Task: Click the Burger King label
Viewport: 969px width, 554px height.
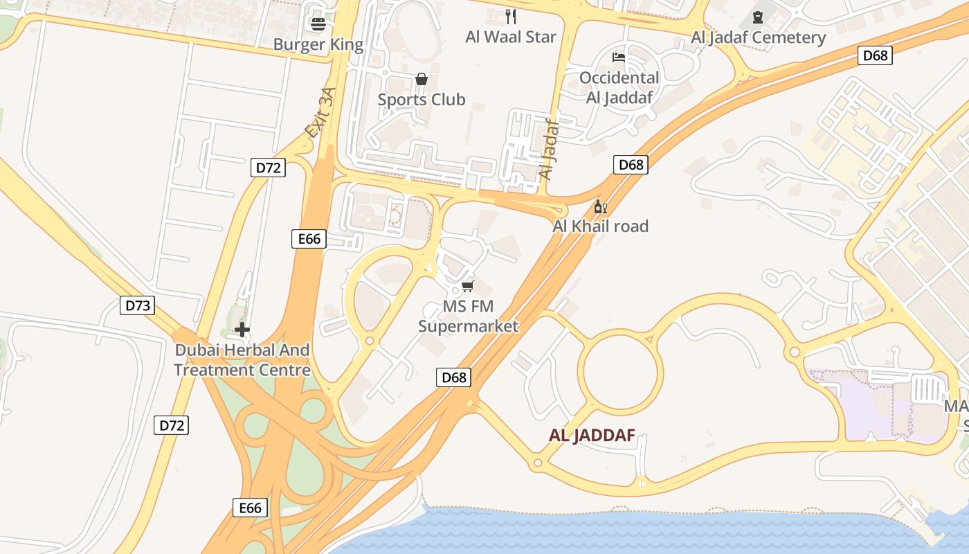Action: pos(318,45)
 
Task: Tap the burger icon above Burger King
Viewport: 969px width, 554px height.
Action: pos(318,25)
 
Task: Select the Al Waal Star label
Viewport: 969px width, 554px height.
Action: pos(511,37)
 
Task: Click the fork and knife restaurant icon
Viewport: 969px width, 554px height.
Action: pos(511,16)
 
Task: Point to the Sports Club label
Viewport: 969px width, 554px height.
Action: pos(422,100)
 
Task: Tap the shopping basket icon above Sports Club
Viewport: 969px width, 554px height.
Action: pos(421,80)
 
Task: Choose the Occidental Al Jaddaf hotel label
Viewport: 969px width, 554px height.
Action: pos(619,87)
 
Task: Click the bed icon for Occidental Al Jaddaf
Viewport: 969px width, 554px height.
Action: pos(619,57)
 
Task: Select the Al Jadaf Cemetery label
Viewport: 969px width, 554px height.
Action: pos(758,37)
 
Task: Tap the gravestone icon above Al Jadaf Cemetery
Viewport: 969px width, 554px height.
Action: pos(758,17)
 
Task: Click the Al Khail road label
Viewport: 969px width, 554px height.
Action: pos(600,226)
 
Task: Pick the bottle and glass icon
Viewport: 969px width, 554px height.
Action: pos(600,207)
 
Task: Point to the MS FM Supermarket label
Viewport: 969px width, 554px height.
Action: pos(468,316)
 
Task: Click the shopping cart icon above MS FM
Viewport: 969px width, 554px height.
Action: pos(468,286)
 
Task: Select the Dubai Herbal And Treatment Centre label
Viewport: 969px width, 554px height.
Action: pos(242,360)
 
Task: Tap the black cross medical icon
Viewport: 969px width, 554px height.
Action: pos(242,330)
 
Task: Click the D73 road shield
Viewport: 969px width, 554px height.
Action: pos(136,305)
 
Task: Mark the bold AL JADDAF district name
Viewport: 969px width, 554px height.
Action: pos(592,436)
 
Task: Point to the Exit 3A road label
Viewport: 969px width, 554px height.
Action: pos(320,112)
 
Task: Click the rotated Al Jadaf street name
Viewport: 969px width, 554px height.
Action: pos(548,150)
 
